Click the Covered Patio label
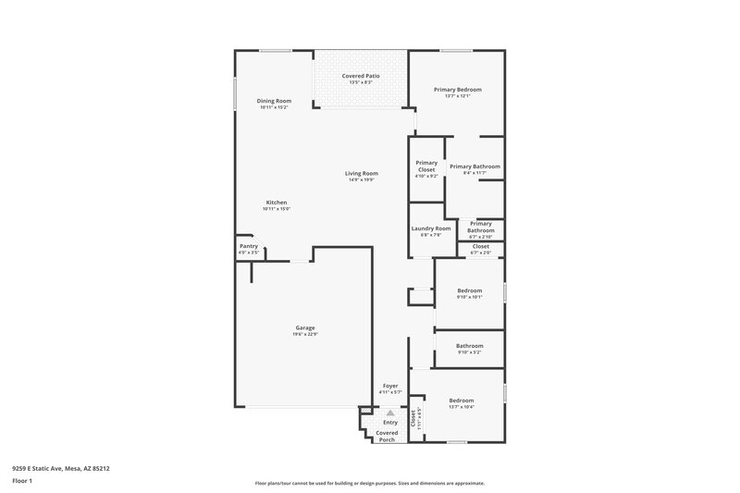pos(361,76)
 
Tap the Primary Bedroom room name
pos(457,90)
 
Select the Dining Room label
pos(274,100)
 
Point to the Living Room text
pos(362,173)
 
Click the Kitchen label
pos(277,203)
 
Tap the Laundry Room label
pos(431,228)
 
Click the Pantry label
pos(249,246)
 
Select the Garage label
pos(305,327)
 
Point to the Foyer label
pos(390,386)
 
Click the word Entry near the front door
pos(390,423)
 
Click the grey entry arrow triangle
pos(390,413)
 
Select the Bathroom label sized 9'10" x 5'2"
pos(469,346)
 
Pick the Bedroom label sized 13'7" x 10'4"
pos(462,401)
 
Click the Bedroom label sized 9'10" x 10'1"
pos(469,290)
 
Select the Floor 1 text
pos(21,482)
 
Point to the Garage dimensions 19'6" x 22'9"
pos(305,334)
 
